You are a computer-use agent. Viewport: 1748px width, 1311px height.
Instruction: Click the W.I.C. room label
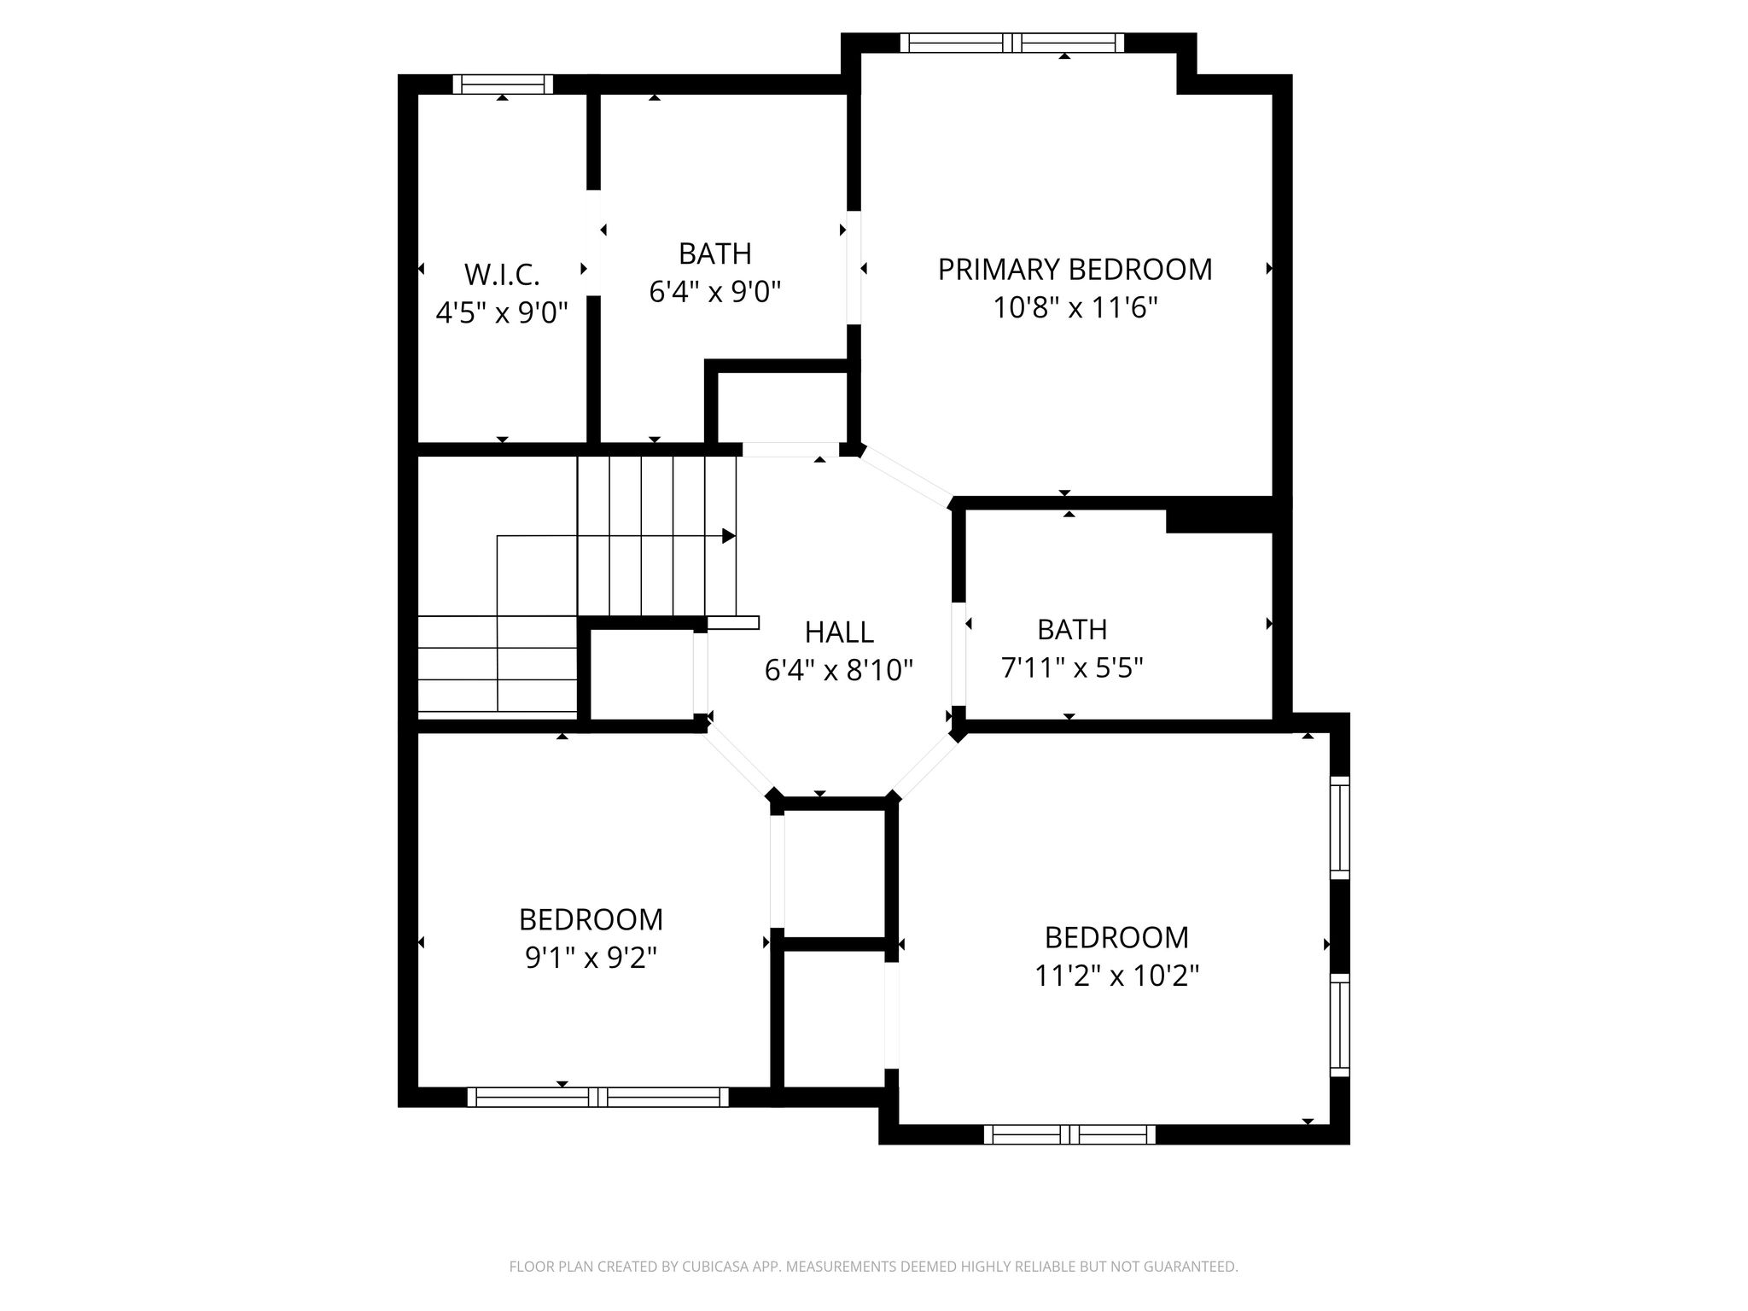point(502,275)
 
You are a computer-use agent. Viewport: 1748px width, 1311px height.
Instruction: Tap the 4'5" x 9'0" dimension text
point(502,312)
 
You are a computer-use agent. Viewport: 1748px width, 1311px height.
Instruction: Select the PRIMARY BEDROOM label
point(1075,269)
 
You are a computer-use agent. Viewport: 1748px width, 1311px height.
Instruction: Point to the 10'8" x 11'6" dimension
point(1075,307)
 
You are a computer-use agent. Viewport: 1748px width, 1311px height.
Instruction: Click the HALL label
point(839,632)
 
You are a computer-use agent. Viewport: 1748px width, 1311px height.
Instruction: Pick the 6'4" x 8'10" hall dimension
point(839,670)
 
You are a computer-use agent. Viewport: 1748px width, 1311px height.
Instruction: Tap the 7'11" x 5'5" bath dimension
point(1072,667)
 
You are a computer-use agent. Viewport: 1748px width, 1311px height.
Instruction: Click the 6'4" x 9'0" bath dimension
point(715,292)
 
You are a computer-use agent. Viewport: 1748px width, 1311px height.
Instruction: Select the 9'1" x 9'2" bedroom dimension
point(591,958)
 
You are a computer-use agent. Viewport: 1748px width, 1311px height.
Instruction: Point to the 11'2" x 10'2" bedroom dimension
point(1117,976)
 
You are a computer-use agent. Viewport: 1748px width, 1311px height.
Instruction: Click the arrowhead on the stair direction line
point(729,536)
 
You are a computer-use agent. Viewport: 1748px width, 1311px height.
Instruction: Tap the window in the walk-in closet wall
point(503,84)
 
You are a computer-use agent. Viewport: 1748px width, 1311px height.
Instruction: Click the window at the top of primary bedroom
point(1012,43)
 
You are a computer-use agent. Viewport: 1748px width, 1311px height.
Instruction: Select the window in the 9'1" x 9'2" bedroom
point(598,1097)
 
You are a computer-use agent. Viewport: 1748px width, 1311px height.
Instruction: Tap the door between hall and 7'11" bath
point(958,654)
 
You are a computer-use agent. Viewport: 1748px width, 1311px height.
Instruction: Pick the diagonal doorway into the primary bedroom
point(906,475)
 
